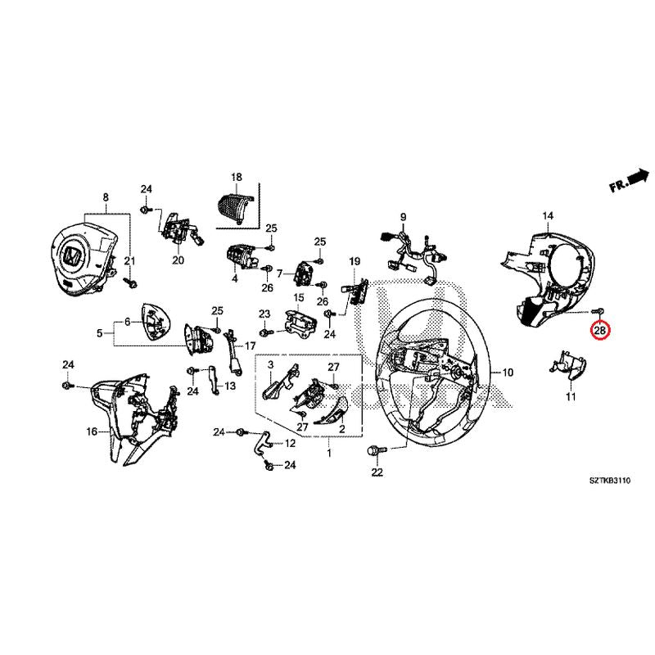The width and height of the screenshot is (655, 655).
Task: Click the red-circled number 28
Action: (x=600, y=331)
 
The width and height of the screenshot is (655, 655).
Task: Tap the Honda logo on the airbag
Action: (x=72, y=256)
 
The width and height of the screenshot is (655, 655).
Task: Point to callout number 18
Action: (x=237, y=177)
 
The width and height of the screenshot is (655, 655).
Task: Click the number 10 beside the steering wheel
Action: (x=508, y=373)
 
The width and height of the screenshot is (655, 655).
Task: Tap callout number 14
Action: (x=548, y=215)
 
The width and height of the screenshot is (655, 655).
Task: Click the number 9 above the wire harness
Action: (x=403, y=216)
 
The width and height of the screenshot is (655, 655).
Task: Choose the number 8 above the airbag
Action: (x=105, y=197)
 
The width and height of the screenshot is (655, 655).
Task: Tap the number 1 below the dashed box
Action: (x=328, y=453)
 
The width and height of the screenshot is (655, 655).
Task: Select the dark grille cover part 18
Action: (x=237, y=204)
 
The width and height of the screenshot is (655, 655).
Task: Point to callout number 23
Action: (x=264, y=314)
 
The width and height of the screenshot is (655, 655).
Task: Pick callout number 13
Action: (x=230, y=386)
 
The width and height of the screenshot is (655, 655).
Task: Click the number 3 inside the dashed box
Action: (x=269, y=374)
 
